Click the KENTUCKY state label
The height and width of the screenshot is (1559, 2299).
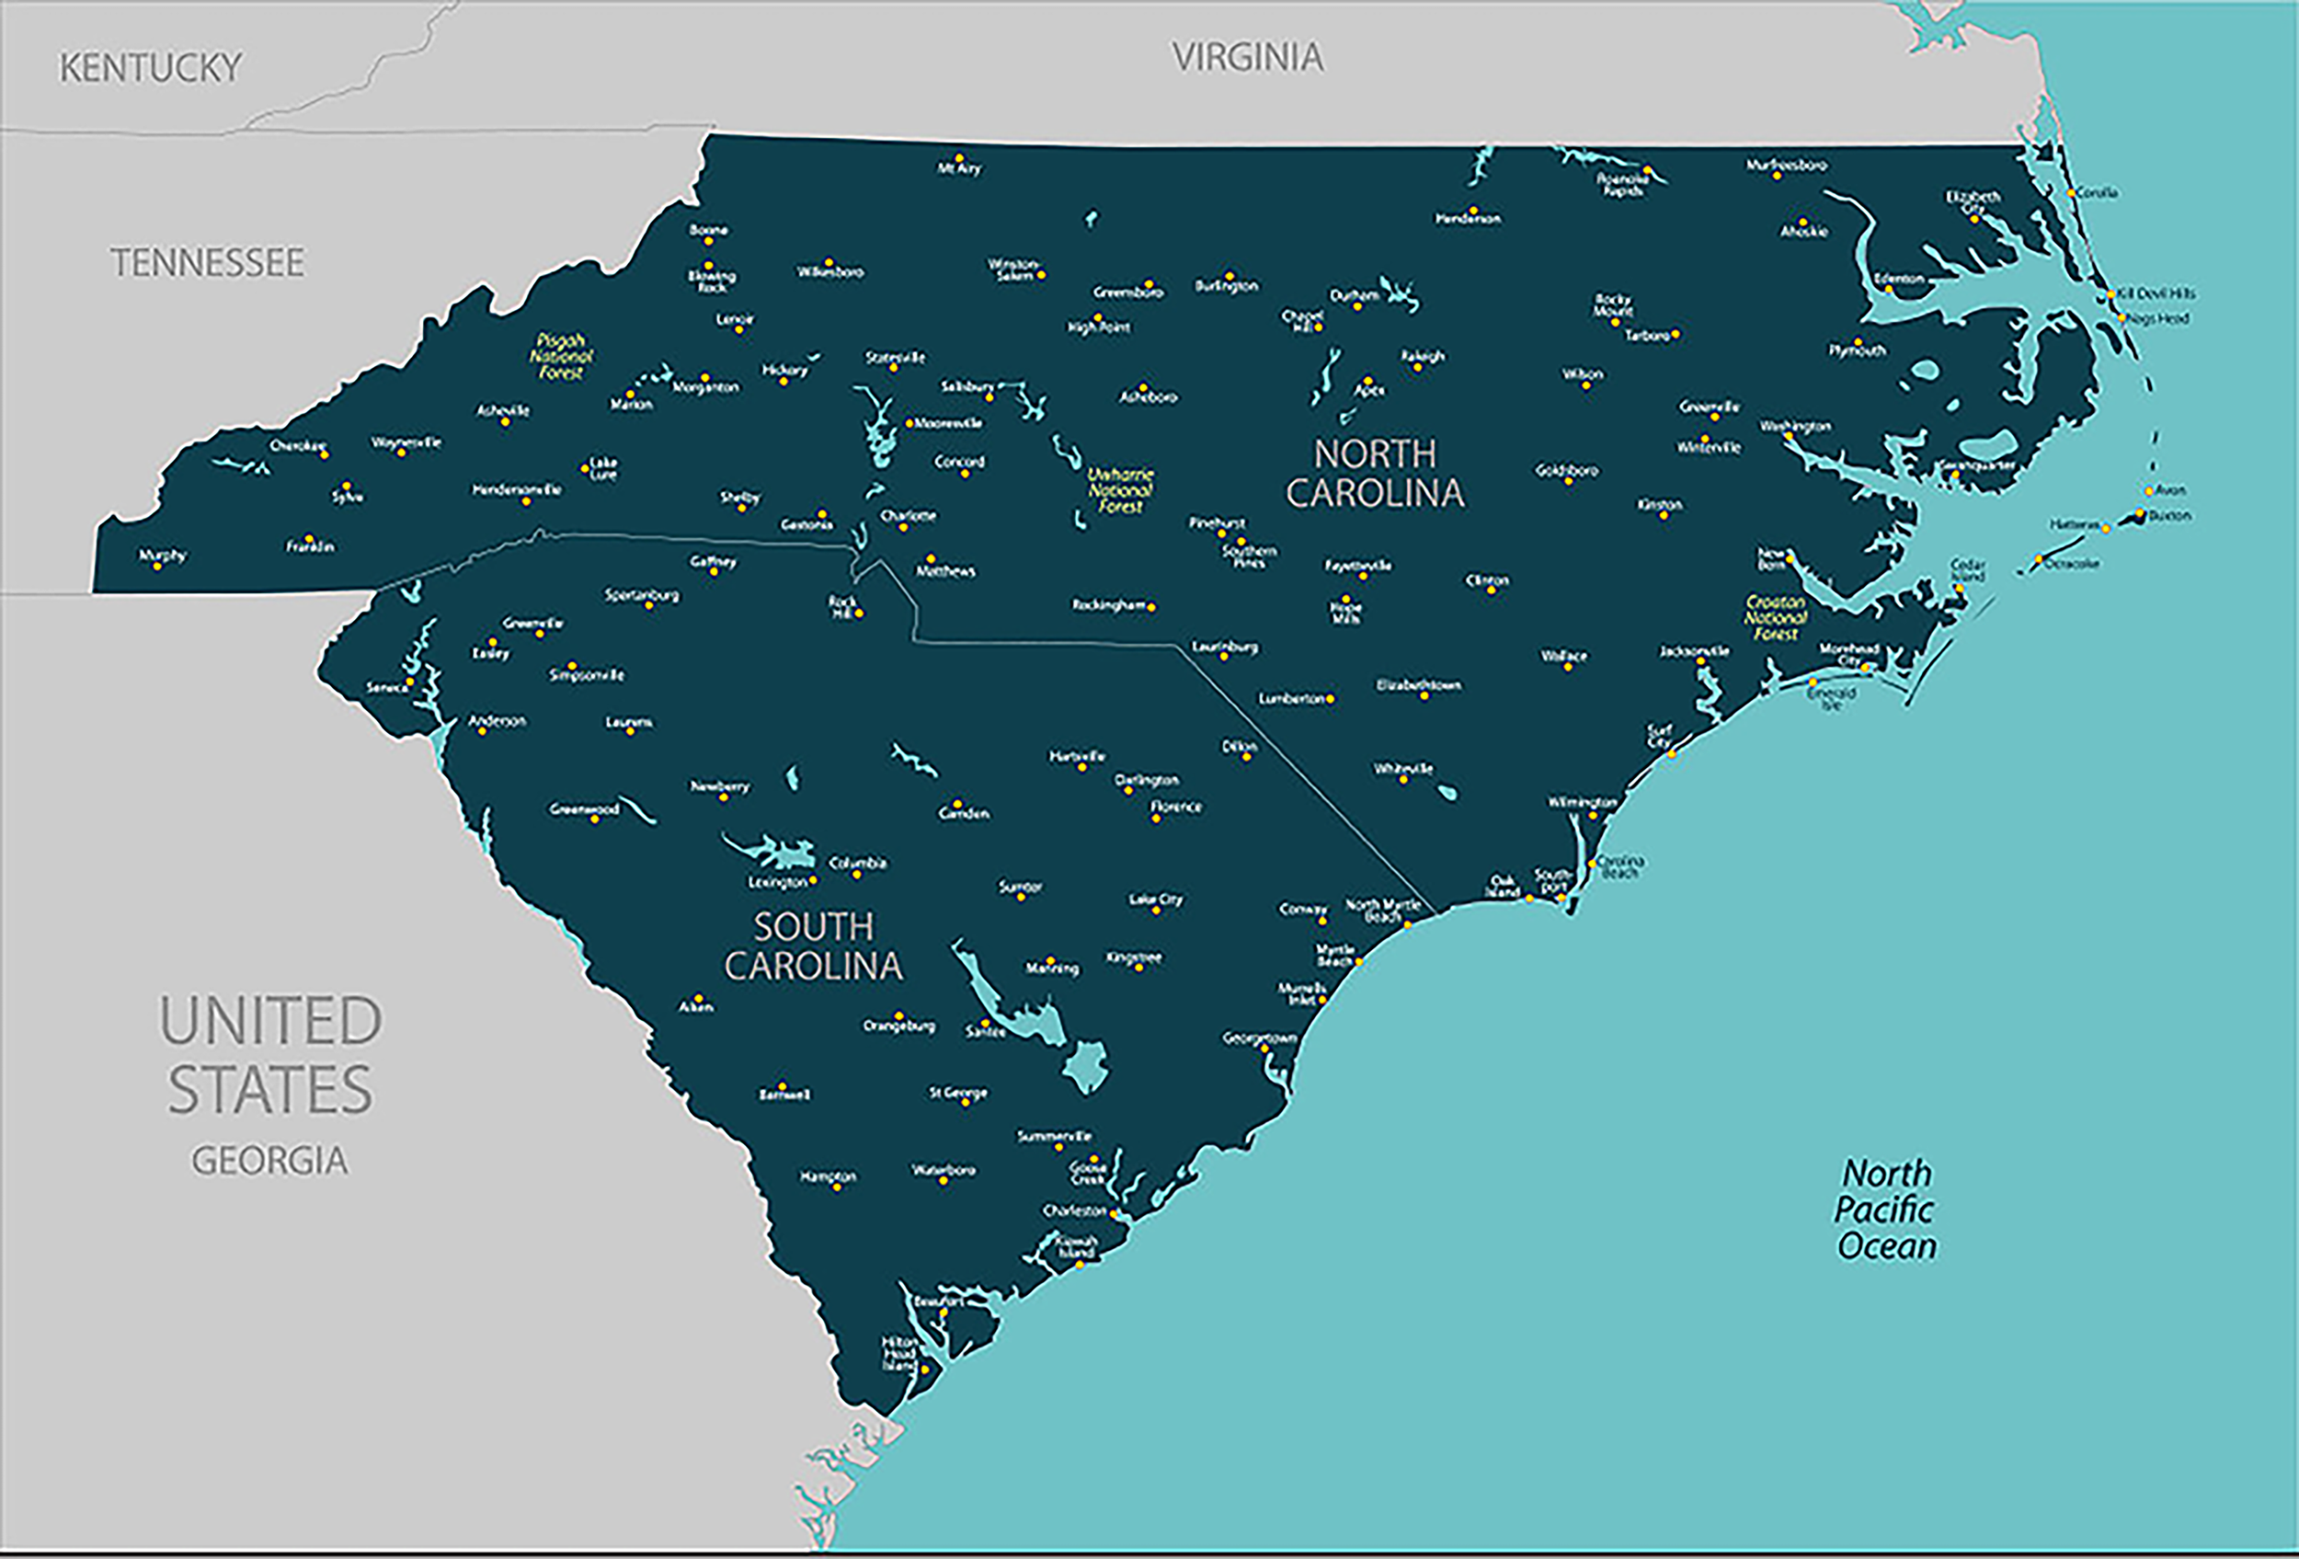[x=151, y=68]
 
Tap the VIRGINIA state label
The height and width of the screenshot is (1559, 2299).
[x=1247, y=57]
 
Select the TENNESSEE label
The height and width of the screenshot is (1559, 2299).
[x=208, y=263]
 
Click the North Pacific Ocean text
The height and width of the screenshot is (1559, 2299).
[x=1885, y=1209]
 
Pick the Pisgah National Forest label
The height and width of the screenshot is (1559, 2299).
[x=561, y=356]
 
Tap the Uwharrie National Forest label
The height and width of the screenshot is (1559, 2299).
[x=1120, y=490]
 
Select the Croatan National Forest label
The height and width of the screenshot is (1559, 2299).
[x=1775, y=617]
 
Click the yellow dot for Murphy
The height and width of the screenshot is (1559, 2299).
[x=156, y=566]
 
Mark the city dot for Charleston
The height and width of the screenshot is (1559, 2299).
[x=1114, y=1214]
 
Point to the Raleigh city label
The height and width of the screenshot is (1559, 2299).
[x=1423, y=356]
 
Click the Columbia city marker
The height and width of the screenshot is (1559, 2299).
[x=856, y=875]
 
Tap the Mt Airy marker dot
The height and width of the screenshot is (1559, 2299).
[x=958, y=156]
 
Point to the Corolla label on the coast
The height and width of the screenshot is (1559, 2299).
[x=2098, y=193]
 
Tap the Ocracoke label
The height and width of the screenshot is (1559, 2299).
[x=2072, y=564]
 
